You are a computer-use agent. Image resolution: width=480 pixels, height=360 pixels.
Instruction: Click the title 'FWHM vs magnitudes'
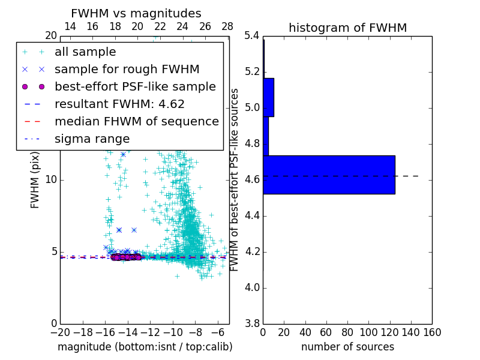(136, 14)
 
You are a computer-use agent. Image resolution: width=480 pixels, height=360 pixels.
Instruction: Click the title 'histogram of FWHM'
(347, 28)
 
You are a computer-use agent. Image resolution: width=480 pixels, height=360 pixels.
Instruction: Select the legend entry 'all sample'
(85, 52)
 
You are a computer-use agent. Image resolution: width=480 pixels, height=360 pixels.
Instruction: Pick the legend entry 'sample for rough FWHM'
(127, 69)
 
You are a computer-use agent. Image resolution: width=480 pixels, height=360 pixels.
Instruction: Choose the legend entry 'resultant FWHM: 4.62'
(119, 104)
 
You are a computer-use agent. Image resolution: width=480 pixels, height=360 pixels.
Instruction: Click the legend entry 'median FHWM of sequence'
(136, 121)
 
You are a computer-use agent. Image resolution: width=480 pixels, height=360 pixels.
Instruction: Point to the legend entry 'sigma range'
(92, 139)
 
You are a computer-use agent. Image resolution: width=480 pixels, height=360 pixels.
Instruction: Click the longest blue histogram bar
(329, 175)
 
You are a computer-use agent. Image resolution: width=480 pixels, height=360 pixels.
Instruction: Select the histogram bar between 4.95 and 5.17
(268, 97)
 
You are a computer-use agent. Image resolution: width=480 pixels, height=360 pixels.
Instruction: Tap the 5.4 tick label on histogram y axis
(252, 36)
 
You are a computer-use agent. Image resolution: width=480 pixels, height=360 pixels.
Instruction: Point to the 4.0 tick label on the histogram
(252, 287)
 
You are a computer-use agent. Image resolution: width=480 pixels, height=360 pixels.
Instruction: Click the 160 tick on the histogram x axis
(431, 332)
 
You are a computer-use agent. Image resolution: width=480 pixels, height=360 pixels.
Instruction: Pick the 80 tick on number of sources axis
(347, 332)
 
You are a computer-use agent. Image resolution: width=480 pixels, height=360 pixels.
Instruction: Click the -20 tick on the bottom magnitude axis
(60, 332)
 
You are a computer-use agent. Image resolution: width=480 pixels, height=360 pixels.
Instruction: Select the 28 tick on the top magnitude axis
(227, 26)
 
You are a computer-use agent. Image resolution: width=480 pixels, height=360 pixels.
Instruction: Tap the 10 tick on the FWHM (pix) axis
(50, 180)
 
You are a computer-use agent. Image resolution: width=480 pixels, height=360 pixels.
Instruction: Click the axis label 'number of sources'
(347, 347)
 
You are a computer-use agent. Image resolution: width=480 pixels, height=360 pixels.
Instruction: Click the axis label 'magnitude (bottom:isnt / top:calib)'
(145, 347)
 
